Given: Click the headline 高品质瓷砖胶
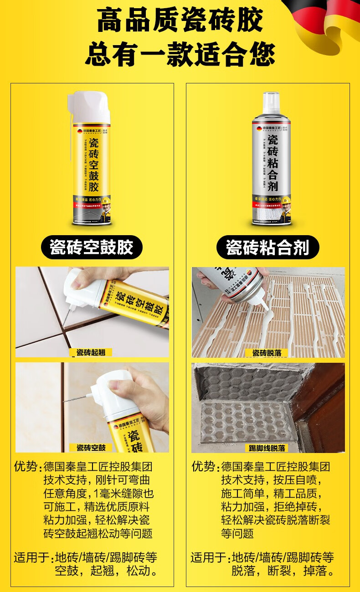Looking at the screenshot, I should point(180,21).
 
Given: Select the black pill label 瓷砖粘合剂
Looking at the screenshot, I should point(267,247).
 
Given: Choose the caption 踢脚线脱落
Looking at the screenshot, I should point(268,448).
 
